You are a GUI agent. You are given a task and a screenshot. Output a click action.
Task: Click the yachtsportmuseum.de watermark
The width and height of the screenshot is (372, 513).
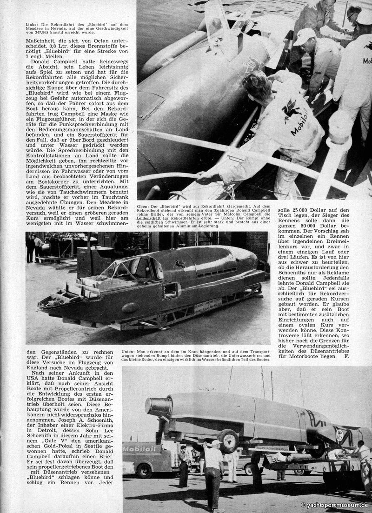tap(335, 505)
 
